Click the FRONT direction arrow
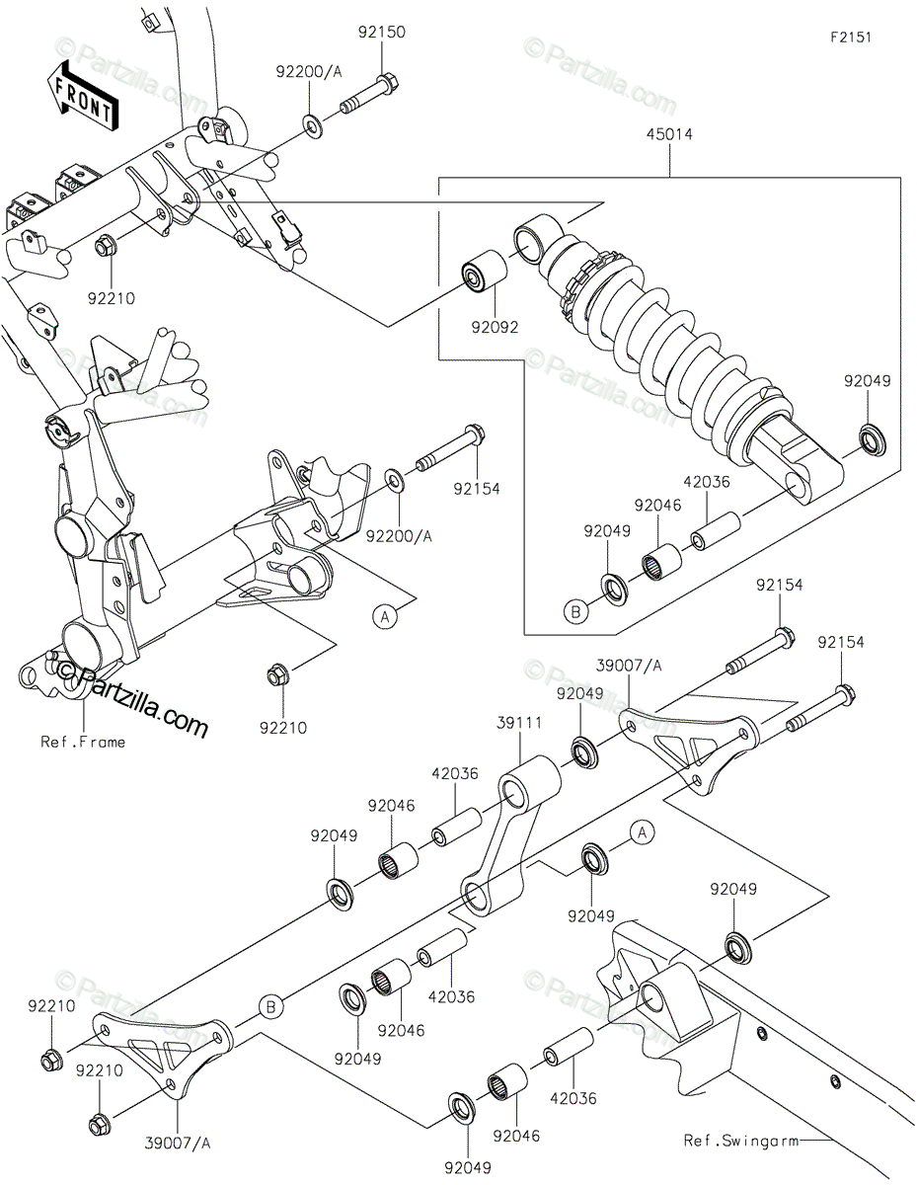click(x=82, y=96)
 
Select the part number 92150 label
click(x=381, y=33)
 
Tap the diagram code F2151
click(x=851, y=38)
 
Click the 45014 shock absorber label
click(x=669, y=134)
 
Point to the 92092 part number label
click(x=495, y=327)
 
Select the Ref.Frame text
click(x=83, y=742)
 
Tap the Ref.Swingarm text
click(x=741, y=1141)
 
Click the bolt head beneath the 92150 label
click(x=388, y=83)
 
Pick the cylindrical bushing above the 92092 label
click(x=484, y=273)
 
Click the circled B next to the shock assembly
click(x=575, y=611)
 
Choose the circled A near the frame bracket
click(x=385, y=617)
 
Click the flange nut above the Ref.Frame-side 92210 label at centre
click(x=276, y=675)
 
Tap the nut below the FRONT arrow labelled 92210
click(x=104, y=248)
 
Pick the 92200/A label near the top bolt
click(x=309, y=71)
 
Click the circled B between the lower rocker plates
click(x=270, y=1006)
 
